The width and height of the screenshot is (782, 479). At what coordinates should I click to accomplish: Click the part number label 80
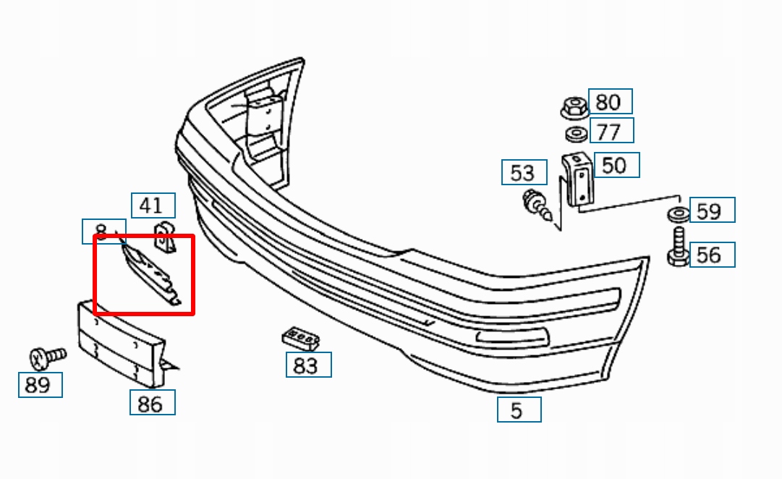coord(610,101)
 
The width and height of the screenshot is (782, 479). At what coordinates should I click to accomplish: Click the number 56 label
coord(712,254)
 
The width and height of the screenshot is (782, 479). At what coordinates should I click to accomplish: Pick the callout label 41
coord(153,205)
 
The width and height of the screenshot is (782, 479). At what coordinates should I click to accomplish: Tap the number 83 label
coord(308,365)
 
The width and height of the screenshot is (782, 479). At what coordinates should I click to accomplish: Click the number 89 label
coord(40,384)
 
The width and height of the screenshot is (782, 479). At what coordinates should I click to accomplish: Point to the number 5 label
coord(518,410)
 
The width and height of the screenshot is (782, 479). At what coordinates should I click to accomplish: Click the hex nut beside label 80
coord(574,109)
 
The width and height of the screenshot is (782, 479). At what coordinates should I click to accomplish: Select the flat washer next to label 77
coord(576,134)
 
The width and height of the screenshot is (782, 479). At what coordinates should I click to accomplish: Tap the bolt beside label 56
coord(678,247)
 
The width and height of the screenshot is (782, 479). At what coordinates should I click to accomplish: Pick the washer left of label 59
coord(678,214)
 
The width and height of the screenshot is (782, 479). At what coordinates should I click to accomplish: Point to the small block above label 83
coord(301,336)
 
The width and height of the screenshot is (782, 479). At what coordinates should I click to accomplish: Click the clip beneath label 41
coord(166,238)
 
